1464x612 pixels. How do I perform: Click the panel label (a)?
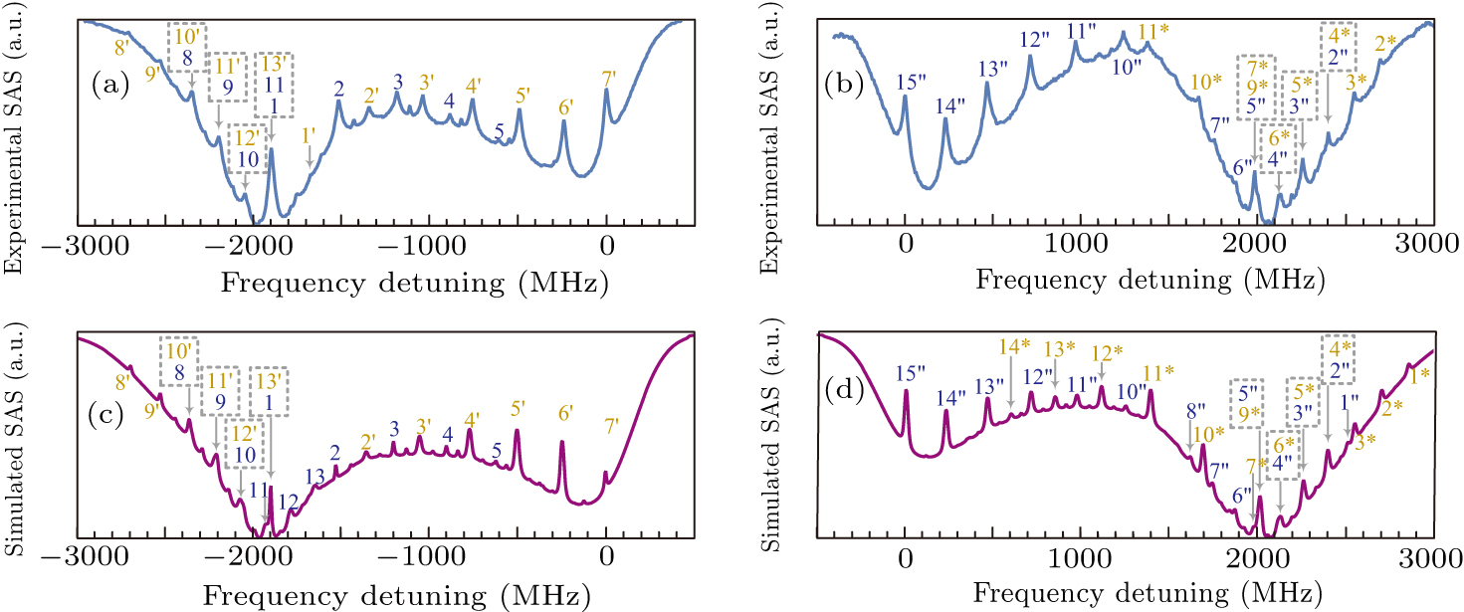[106, 86]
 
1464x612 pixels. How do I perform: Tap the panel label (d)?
[842, 387]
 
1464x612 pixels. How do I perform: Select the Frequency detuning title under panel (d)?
[1146, 593]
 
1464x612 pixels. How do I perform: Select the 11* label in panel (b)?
[1152, 31]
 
